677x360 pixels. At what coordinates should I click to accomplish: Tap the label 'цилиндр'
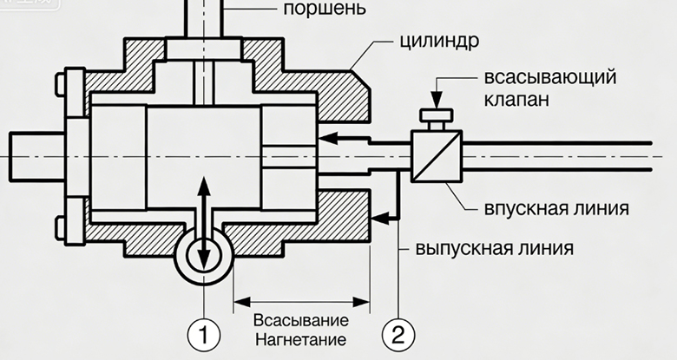click(443, 43)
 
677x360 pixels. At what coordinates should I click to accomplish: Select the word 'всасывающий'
click(550, 75)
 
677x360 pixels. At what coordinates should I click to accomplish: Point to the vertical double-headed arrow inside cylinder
click(203, 222)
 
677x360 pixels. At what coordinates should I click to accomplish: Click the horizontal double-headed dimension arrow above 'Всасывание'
click(301, 302)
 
